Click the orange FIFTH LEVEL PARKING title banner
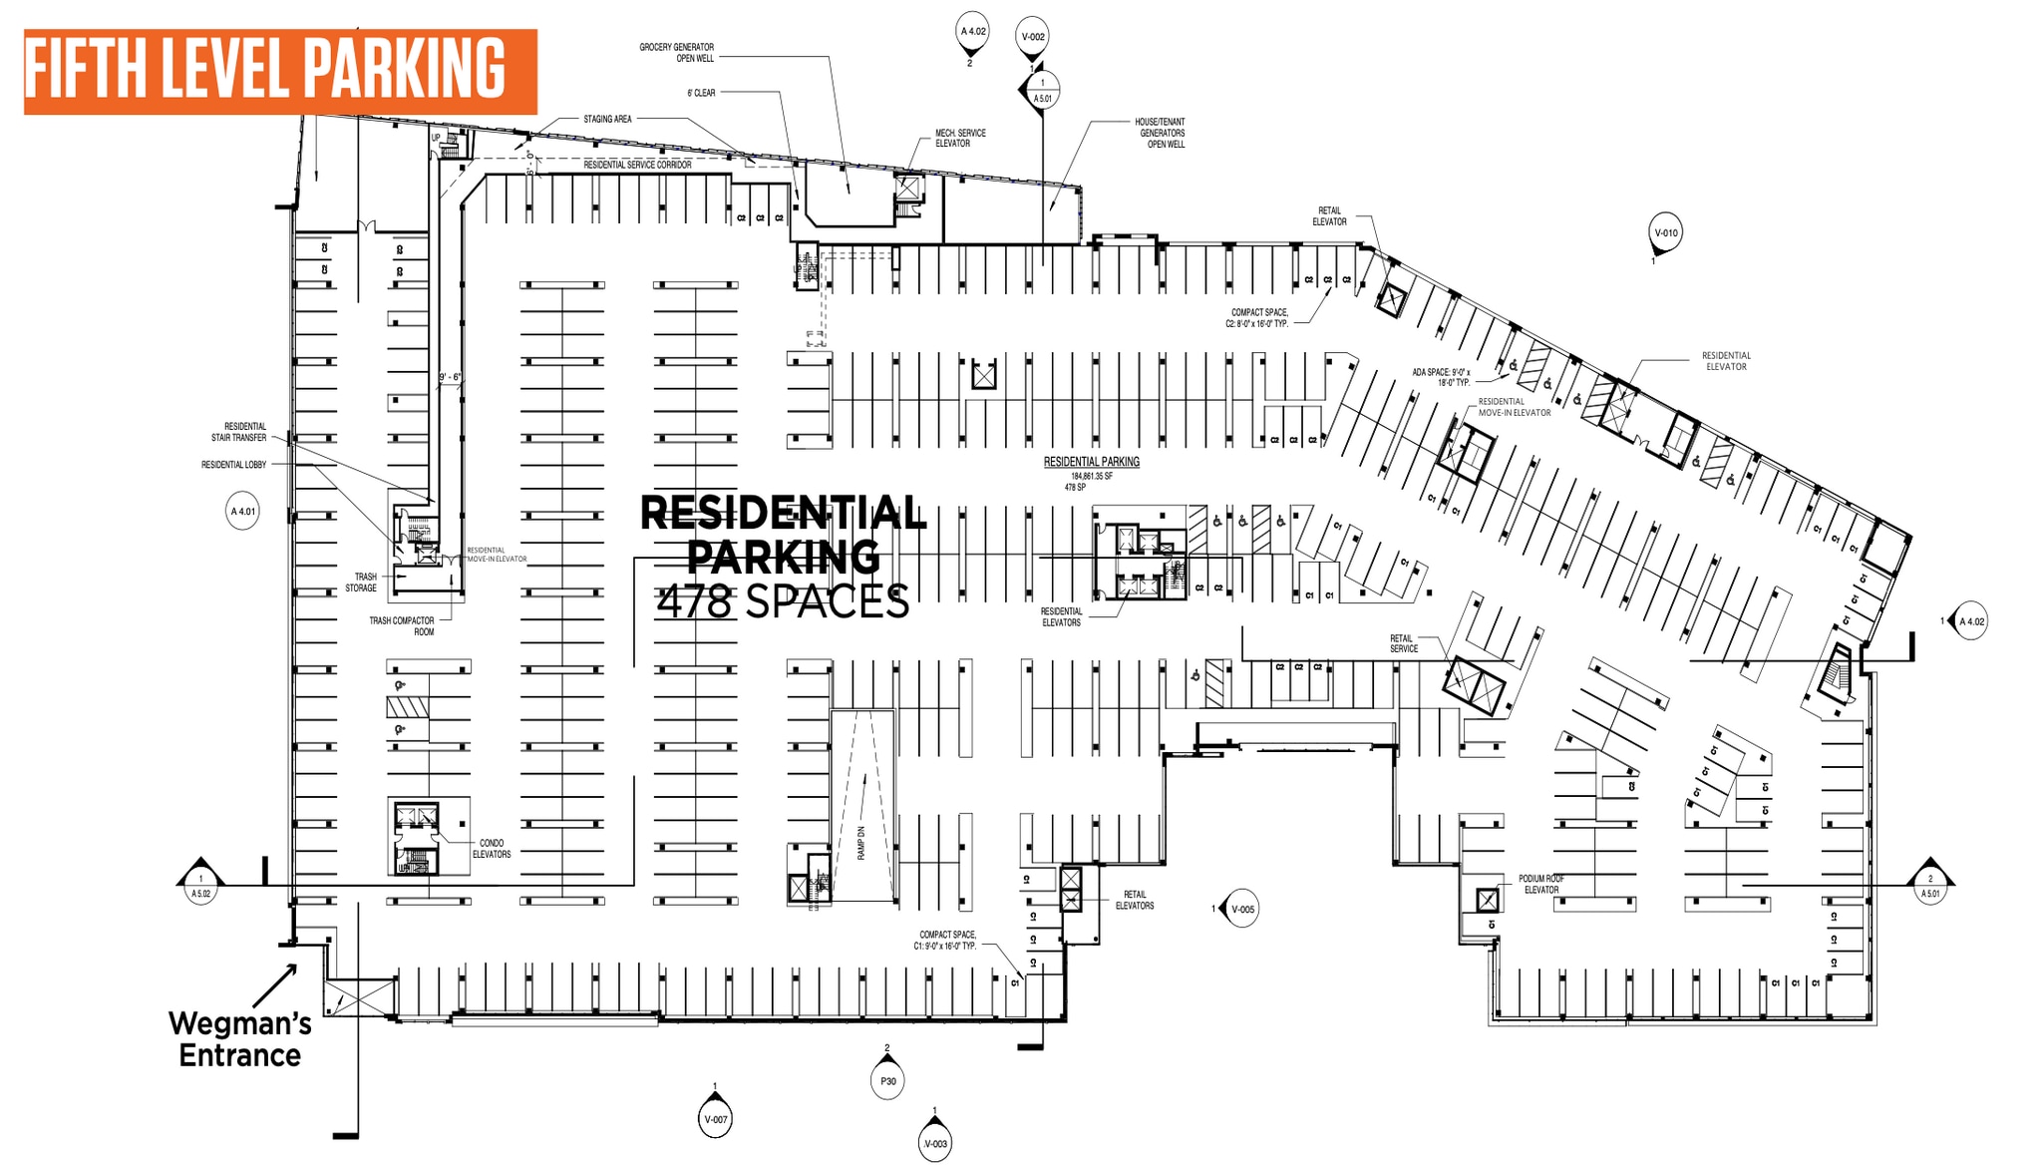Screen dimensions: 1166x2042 (x=280, y=71)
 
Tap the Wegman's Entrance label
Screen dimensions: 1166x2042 (x=240, y=1039)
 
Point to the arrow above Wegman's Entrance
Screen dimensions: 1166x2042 (x=275, y=984)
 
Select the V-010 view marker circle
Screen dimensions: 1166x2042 (x=1666, y=232)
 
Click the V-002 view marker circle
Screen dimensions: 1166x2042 (x=1033, y=37)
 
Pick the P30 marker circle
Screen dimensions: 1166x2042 (x=887, y=1081)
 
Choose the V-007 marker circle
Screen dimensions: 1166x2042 (x=716, y=1119)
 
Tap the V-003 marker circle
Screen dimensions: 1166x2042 (x=935, y=1143)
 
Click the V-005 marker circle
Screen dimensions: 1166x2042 (x=1242, y=909)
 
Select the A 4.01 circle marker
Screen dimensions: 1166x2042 (x=243, y=512)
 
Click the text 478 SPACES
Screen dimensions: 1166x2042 (x=783, y=601)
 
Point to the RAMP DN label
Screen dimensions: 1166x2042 (x=861, y=844)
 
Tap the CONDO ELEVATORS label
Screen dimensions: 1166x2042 (x=492, y=849)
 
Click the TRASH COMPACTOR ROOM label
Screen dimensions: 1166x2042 (x=403, y=626)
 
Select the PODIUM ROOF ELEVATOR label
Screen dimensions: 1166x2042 (x=1541, y=884)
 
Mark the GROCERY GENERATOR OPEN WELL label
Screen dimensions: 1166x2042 (x=677, y=53)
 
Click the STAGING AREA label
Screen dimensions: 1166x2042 (x=607, y=120)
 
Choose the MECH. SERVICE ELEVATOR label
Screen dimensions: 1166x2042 (x=959, y=138)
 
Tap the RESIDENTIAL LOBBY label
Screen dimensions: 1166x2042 (x=234, y=465)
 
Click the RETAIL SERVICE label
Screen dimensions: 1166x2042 (x=1403, y=643)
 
